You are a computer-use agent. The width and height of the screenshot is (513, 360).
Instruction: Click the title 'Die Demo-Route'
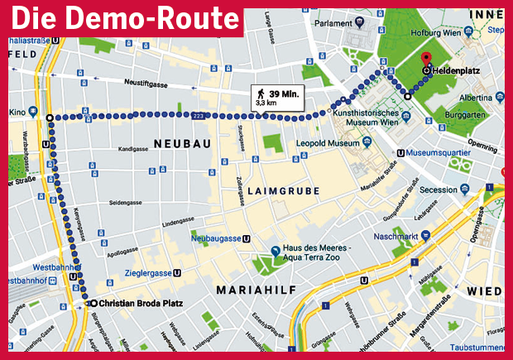pyautogui.click(x=124, y=17)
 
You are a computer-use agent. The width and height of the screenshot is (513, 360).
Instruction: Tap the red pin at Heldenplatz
pyautogui.click(x=426, y=60)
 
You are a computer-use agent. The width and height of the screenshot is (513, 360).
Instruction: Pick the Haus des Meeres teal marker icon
pyautogui.click(x=276, y=252)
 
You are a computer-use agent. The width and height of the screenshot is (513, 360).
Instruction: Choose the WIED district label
pyautogui.click(x=483, y=291)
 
